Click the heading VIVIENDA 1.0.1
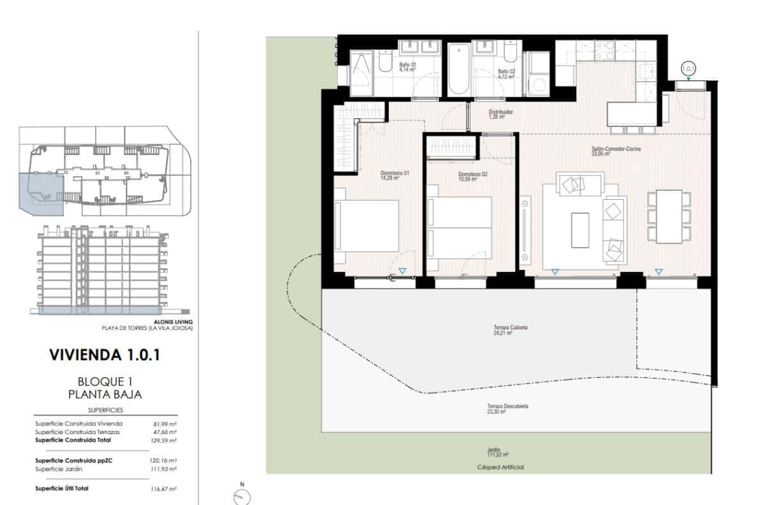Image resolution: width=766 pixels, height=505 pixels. click(x=105, y=355)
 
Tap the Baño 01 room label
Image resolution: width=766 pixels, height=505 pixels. click(x=407, y=67)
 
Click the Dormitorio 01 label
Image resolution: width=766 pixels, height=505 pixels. click(x=394, y=176)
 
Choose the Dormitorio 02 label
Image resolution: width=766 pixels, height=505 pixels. click(x=472, y=176)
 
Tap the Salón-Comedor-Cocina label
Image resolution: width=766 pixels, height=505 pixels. click(x=615, y=151)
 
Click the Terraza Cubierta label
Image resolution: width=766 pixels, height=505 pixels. click(x=510, y=330)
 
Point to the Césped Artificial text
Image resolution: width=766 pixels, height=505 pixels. click(x=500, y=467)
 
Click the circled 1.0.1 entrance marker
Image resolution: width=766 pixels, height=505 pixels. click(x=688, y=67)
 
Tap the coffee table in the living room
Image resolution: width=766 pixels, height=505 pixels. click(x=580, y=230)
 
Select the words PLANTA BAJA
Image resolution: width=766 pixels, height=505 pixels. click(x=105, y=394)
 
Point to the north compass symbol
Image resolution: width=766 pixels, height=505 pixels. click(x=243, y=495)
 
